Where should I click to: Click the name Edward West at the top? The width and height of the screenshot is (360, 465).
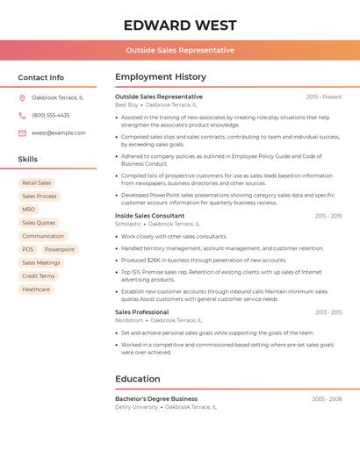click(x=179, y=25)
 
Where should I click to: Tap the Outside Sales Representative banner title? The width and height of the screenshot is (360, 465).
click(x=179, y=50)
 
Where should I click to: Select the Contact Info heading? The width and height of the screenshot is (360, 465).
click(x=40, y=77)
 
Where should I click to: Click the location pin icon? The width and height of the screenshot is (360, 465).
click(x=22, y=97)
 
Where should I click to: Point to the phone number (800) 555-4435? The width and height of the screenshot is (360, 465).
click(x=50, y=115)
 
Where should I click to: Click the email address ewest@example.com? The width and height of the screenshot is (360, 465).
click(x=58, y=132)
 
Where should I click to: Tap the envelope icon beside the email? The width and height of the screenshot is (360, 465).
click(x=22, y=133)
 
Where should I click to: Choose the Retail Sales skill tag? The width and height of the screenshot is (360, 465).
click(x=36, y=182)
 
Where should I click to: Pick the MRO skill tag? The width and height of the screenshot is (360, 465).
click(x=29, y=210)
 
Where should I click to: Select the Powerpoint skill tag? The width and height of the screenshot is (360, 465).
click(x=60, y=249)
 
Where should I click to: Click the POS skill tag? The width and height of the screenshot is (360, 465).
click(x=28, y=249)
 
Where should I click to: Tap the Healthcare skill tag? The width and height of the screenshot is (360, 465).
click(x=36, y=289)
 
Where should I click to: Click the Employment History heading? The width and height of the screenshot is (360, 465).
click(x=161, y=77)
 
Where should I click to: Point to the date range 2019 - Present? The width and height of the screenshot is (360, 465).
click(x=324, y=97)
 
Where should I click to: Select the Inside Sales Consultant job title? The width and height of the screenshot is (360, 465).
click(x=149, y=216)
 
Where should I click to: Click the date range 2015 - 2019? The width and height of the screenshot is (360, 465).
click(x=328, y=216)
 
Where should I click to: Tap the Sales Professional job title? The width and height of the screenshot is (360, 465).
click(x=141, y=312)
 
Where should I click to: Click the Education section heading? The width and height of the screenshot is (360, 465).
click(x=137, y=379)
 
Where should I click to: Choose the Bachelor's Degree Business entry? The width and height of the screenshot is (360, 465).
click(x=155, y=398)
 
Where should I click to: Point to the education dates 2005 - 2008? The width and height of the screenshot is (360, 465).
click(x=327, y=398)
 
